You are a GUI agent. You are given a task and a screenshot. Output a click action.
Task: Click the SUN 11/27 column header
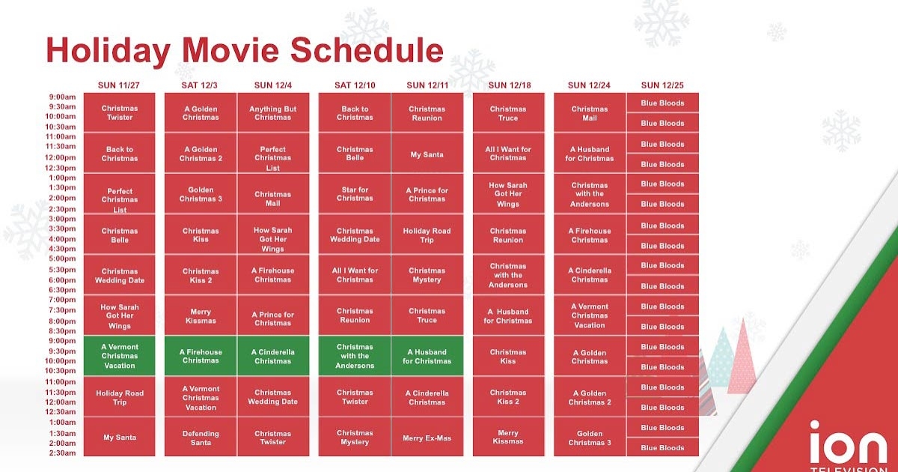(119, 85)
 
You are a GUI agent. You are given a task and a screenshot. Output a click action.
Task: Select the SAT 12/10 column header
(355, 85)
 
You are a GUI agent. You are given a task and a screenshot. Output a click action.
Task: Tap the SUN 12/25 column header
(662, 85)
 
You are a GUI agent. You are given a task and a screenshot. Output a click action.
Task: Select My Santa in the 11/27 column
(120, 438)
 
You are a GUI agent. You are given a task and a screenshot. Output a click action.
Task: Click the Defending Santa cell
(201, 438)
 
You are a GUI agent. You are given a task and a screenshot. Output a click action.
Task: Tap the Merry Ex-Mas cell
(427, 438)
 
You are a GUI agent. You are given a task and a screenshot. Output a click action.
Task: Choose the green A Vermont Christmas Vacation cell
(120, 356)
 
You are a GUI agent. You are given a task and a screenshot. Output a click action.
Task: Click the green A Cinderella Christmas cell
(273, 356)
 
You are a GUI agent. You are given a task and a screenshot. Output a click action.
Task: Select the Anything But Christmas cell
(273, 113)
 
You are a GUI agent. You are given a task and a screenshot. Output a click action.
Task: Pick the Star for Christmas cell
(355, 194)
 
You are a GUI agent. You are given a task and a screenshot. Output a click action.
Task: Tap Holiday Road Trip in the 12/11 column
(427, 235)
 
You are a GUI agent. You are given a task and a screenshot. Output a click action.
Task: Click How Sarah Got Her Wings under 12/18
(508, 194)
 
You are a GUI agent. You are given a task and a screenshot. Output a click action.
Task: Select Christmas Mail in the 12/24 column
(590, 113)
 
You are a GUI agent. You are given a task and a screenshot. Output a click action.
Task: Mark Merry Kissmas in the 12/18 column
(508, 438)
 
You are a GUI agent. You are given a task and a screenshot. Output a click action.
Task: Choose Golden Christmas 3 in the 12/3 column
(201, 194)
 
